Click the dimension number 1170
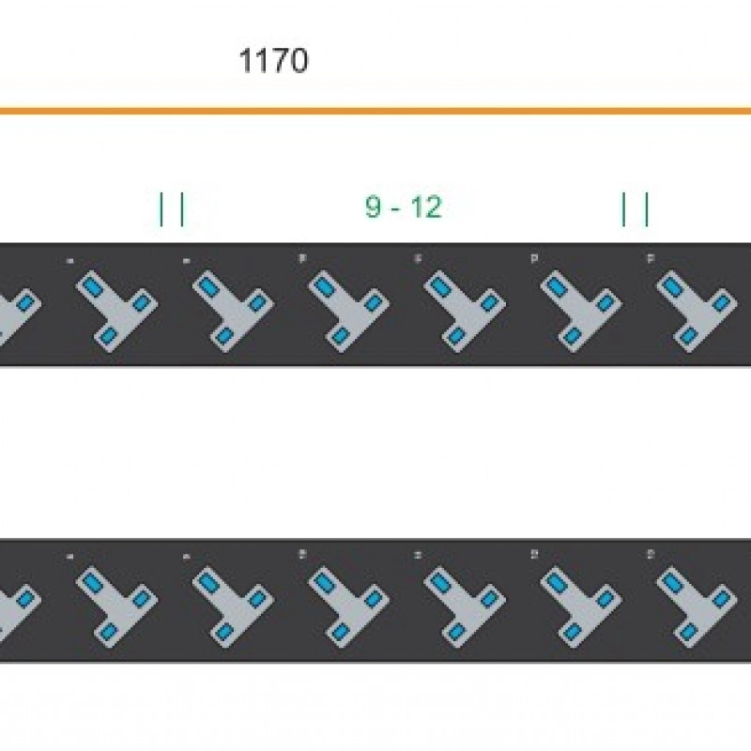pos(273,61)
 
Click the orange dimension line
pos(375,111)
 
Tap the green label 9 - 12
pos(403,207)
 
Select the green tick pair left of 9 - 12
pos(172,208)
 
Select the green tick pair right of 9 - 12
pos(636,208)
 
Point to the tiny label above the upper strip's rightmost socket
pos(651,256)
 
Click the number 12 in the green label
pos(425,207)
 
